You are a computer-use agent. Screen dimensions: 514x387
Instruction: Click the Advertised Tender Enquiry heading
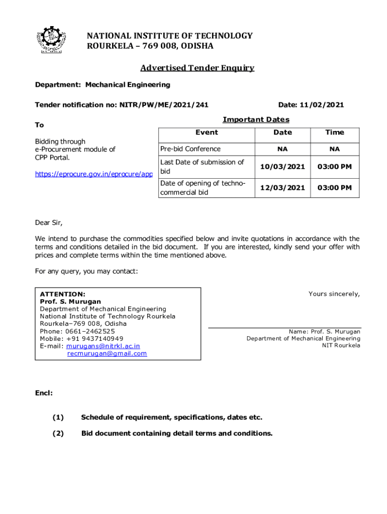[x=197, y=68]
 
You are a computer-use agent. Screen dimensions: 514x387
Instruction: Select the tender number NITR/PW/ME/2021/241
[x=164, y=105]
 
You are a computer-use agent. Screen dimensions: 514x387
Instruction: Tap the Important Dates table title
[x=256, y=119]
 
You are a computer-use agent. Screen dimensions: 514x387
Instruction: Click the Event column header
[x=207, y=133]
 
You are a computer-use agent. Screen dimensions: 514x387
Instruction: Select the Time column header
[x=335, y=133]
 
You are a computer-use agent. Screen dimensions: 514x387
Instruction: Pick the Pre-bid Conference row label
[x=190, y=149]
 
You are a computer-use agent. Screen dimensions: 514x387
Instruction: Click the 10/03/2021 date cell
[x=282, y=167]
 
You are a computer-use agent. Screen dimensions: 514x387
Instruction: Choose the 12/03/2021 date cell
[x=282, y=188]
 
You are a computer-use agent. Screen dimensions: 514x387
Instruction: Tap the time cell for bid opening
[x=335, y=188]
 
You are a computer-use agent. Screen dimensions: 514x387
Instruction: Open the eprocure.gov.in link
[x=93, y=174]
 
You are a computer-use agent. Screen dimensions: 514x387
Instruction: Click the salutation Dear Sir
[x=49, y=223]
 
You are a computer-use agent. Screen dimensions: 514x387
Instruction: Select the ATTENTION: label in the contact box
[x=62, y=294]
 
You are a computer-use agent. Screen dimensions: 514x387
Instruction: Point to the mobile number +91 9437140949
[x=94, y=339]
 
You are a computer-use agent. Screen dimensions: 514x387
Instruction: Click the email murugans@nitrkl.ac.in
[x=103, y=346]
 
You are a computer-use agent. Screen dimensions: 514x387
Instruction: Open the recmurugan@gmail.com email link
[x=107, y=353]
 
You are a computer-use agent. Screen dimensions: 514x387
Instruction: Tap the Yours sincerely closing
[x=334, y=294]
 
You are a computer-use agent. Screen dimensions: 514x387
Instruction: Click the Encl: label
[x=44, y=393]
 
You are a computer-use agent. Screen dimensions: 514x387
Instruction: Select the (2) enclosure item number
[x=58, y=433]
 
